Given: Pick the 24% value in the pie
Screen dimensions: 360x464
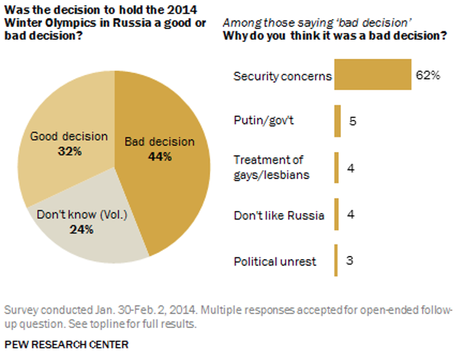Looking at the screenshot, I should (81, 229).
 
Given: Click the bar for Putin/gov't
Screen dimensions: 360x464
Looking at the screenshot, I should (337, 120).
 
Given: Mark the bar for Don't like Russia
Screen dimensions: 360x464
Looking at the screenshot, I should (336, 215).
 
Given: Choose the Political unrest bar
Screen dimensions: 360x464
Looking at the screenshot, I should (336, 261).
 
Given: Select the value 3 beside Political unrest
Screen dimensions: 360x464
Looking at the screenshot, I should (351, 261).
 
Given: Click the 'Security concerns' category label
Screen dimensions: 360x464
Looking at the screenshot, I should (282, 76).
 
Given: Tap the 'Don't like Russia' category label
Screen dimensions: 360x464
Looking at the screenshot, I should (278, 216).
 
